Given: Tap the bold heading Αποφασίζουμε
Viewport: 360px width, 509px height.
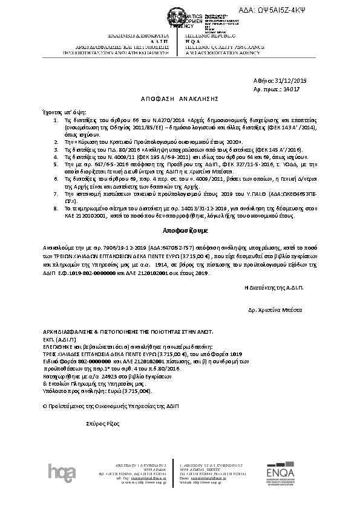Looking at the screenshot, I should point(180,230).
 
